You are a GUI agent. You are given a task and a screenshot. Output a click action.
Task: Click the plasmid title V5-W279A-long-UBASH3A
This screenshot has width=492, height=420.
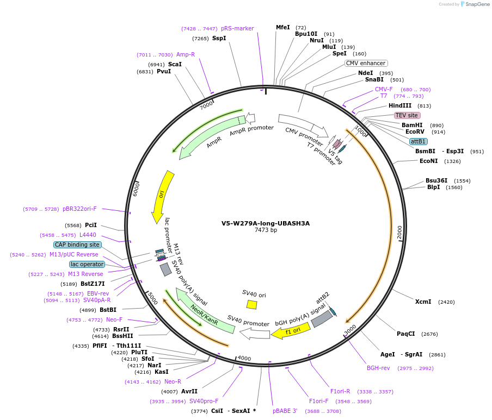click(266, 223)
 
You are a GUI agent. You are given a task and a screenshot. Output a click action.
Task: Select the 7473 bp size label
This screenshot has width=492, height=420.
click(266, 230)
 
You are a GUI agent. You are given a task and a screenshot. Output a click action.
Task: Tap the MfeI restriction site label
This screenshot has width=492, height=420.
click(283, 27)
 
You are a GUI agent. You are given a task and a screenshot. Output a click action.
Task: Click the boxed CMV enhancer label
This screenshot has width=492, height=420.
click(366, 63)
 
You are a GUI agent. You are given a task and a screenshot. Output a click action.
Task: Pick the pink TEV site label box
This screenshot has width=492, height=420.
click(407, 115)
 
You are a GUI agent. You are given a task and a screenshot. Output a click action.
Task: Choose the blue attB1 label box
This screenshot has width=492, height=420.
click(418, 141)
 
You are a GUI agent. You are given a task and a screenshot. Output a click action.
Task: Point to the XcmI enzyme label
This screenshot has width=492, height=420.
click(423, 302)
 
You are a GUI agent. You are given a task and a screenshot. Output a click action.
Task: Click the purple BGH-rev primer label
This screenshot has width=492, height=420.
click(378, 368)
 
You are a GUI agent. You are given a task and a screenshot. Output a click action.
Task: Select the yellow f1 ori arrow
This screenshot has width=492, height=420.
click(291, 330)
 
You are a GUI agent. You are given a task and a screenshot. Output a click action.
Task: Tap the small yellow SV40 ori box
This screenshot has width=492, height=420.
click(251, 304)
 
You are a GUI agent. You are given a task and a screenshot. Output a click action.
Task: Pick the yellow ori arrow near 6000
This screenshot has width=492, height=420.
click(163, 196)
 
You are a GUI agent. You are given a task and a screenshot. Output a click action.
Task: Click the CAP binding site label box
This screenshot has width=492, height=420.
click(77, 245)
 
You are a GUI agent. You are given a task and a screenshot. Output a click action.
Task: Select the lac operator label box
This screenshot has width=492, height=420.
click(87, 264)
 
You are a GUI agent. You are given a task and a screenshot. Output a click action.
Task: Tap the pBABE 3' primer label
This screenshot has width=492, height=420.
click(285, 411)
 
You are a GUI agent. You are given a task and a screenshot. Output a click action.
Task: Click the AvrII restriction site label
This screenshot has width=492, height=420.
click(189, 391)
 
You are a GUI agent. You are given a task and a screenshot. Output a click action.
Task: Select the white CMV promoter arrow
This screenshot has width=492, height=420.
click(302, 126)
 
